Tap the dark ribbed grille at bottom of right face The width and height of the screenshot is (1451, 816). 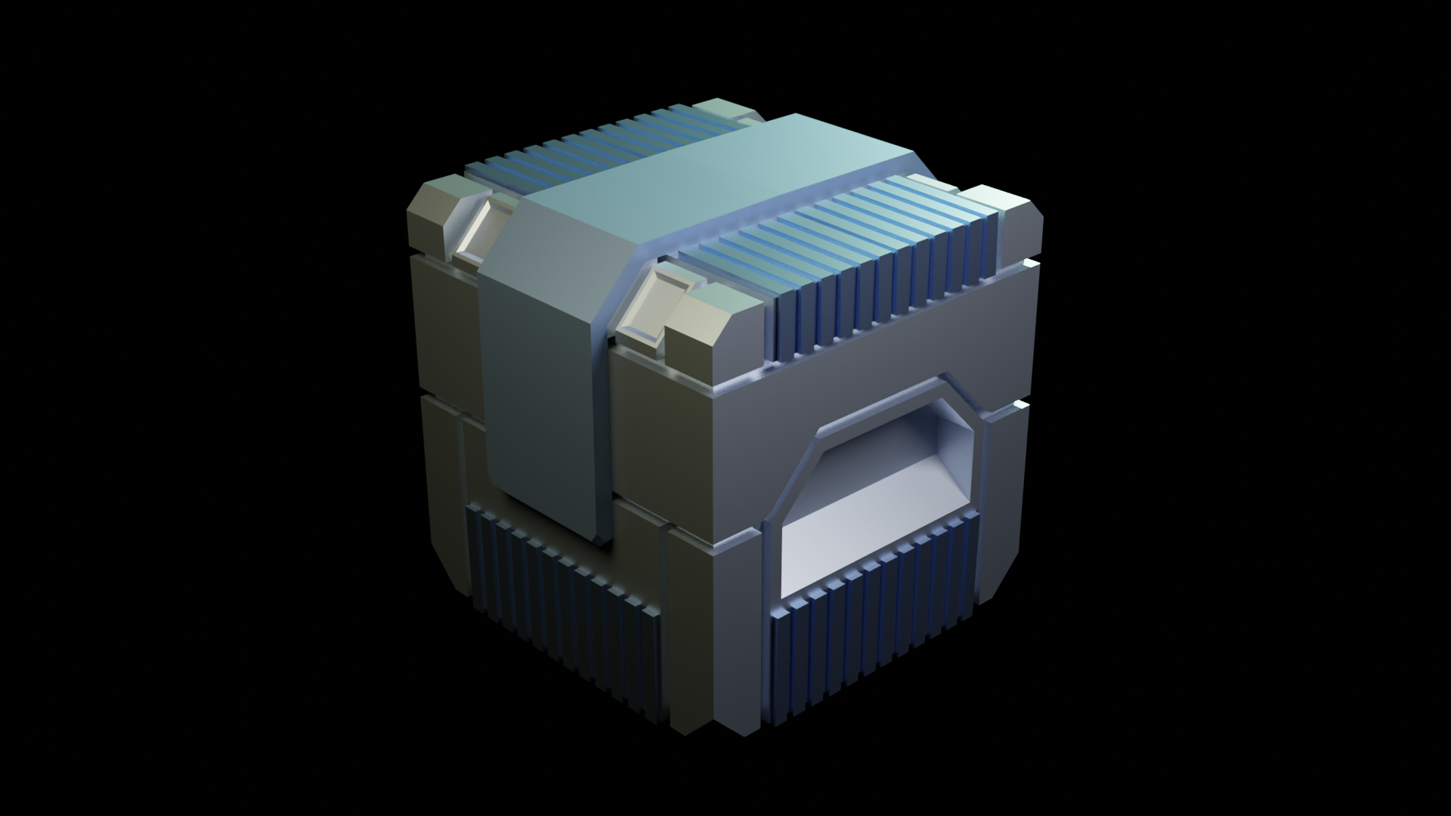pos(869,627)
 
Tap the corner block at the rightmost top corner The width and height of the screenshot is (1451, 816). pos(1016,223)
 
